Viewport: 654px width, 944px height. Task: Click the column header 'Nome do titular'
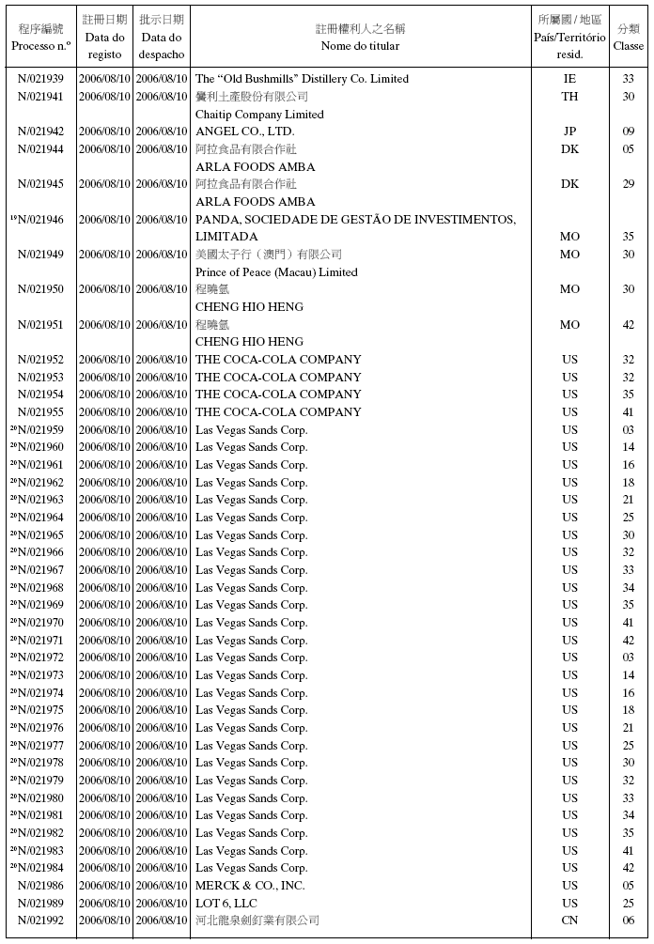[x=360, y=46]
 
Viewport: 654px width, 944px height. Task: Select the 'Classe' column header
[x=629, y=46]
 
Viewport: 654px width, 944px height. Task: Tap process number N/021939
[x=41, y=79]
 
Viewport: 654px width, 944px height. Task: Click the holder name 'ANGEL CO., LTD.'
[x=244, y=132]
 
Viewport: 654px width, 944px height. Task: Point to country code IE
[x=569, y=79]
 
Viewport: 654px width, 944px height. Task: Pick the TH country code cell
[x=569, y=97]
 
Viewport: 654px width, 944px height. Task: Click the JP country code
[x=569, y=132]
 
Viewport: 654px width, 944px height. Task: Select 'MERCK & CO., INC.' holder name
[x=250, y=886]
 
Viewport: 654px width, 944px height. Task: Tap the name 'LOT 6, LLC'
[x=226, y=904]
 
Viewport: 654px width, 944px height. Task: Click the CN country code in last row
[x=569, y=921]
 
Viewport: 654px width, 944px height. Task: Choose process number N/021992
[x=41, y=921]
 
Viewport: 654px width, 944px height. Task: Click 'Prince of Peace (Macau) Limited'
[x=276, y=272]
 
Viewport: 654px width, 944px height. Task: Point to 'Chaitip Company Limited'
[x=259, y=115]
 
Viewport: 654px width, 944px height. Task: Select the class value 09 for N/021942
[x=629, y=132]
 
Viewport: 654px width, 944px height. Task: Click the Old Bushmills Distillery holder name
[x=302, y=79]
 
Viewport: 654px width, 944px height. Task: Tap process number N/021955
[x=41, y=412]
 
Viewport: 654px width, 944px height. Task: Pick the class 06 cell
[x=629, y=921]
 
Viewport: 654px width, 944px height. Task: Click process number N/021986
[x=41, y=886]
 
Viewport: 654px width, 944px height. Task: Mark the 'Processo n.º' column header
[x=41, y=46]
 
